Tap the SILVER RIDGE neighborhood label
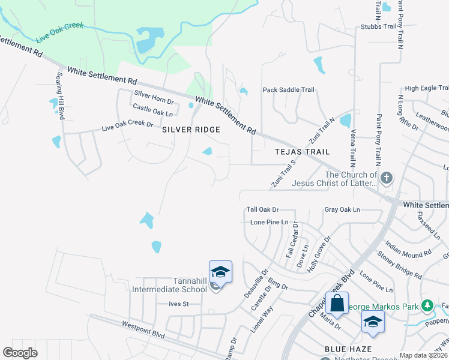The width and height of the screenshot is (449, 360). pyautogui.click(x=191, y=130)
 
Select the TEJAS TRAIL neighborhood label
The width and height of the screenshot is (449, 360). pyautogui.click(x=303, y=152)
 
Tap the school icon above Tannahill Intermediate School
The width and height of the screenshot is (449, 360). pyautogui.click(x=220, y=272)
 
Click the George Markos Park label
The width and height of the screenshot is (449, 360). pyautogui.click(x=384, y=307)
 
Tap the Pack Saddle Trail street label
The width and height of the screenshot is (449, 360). pyautogui.click(x=288, y=90)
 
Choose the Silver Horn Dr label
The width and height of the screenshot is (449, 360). pyautogui.click(x=154, y=94)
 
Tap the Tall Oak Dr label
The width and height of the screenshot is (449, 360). pyautogui.click(x=263, y=209)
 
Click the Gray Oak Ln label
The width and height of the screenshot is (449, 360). pyautogui.click(x=342, y=209)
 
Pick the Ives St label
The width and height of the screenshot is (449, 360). pyautogui.click(x=179, y=304)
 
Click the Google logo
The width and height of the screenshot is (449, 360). pyautogui.click(x=20, y=352)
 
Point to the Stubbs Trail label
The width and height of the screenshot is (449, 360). pyautogui.click(x=378, y=26)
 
